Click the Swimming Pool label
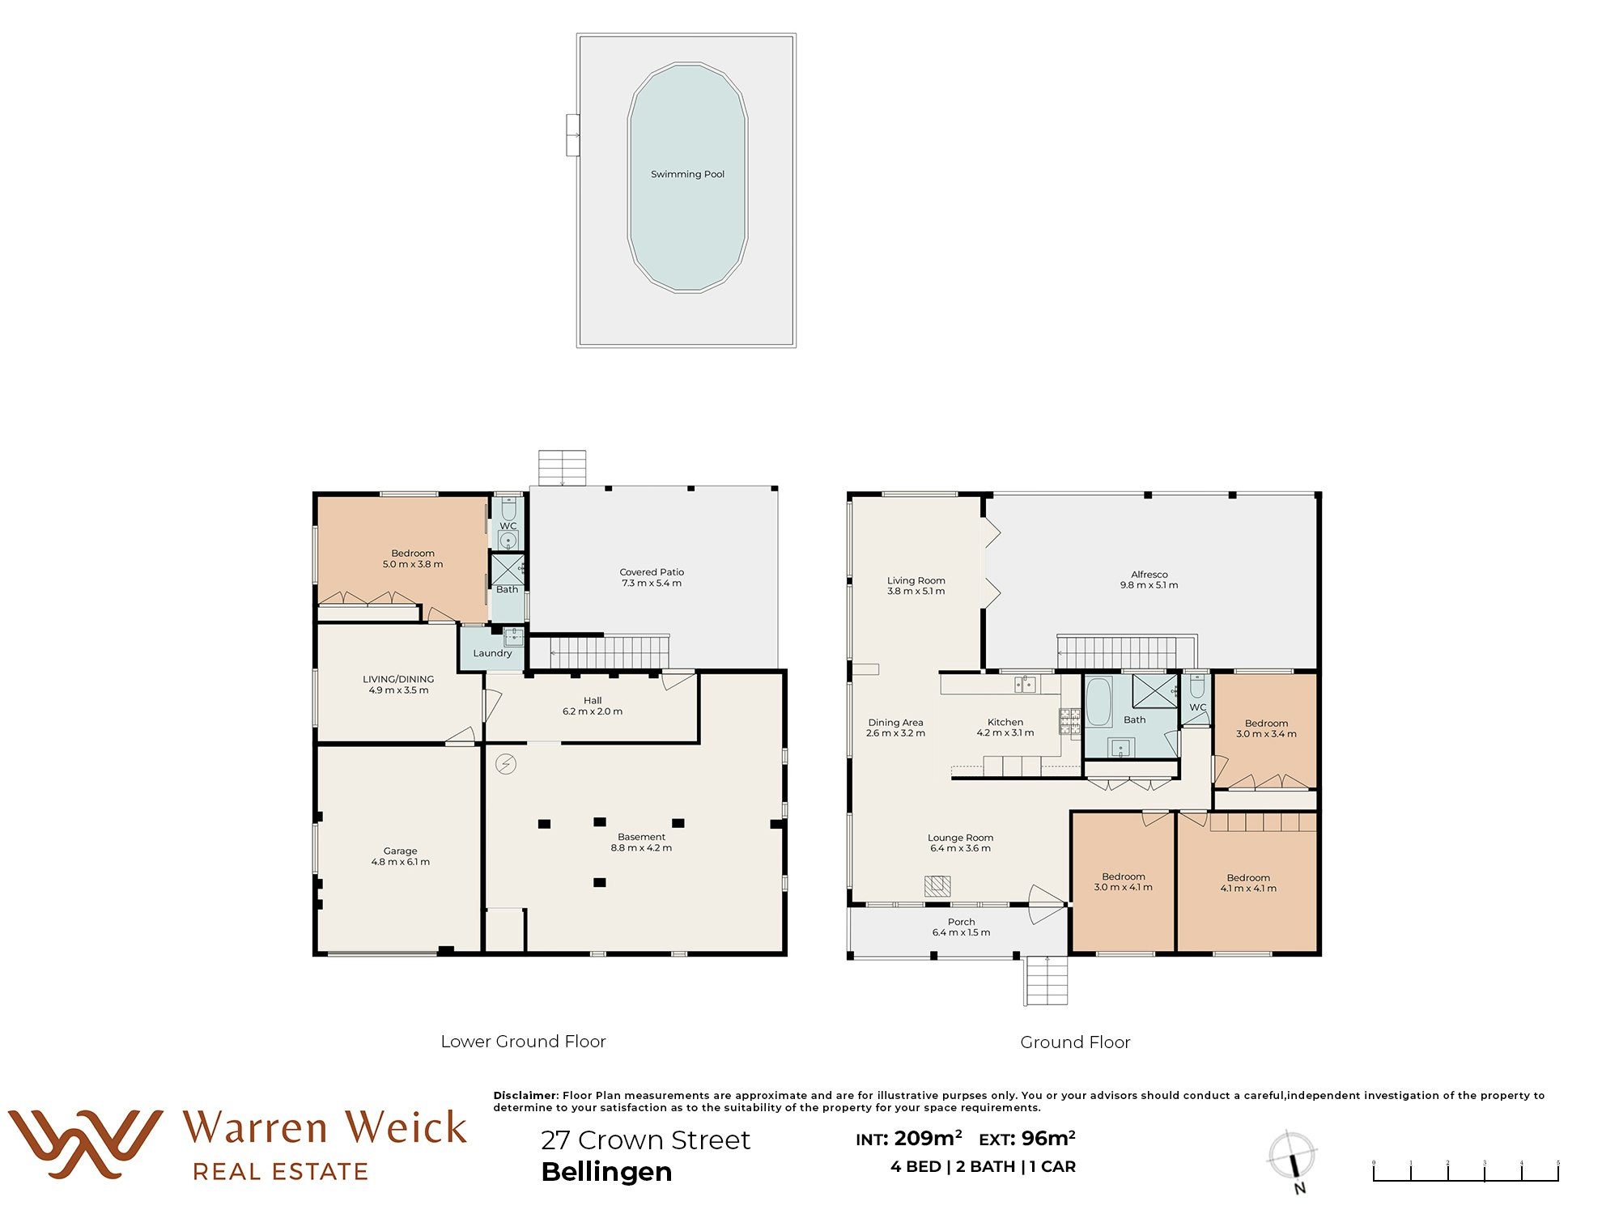(687, 174)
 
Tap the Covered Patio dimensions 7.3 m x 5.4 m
(652, 584)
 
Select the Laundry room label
(492, 653)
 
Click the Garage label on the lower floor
(400, 851)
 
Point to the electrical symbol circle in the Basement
(506, 764)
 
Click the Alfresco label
(1149, 574)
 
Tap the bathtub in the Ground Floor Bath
(1098, 702)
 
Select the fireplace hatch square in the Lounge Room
(937, 885)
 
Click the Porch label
(961, 922)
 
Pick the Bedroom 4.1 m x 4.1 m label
(1247, 883)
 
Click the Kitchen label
(1005, 722)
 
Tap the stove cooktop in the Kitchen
(1069, 721)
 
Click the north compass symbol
(1292, 1157)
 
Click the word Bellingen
(606, 1172)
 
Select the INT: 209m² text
(908, 1139)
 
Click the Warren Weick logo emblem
(85, 1143)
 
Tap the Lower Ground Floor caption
(523, 1042)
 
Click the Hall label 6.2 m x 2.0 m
(593, 706)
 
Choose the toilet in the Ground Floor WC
(1197, 687)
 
